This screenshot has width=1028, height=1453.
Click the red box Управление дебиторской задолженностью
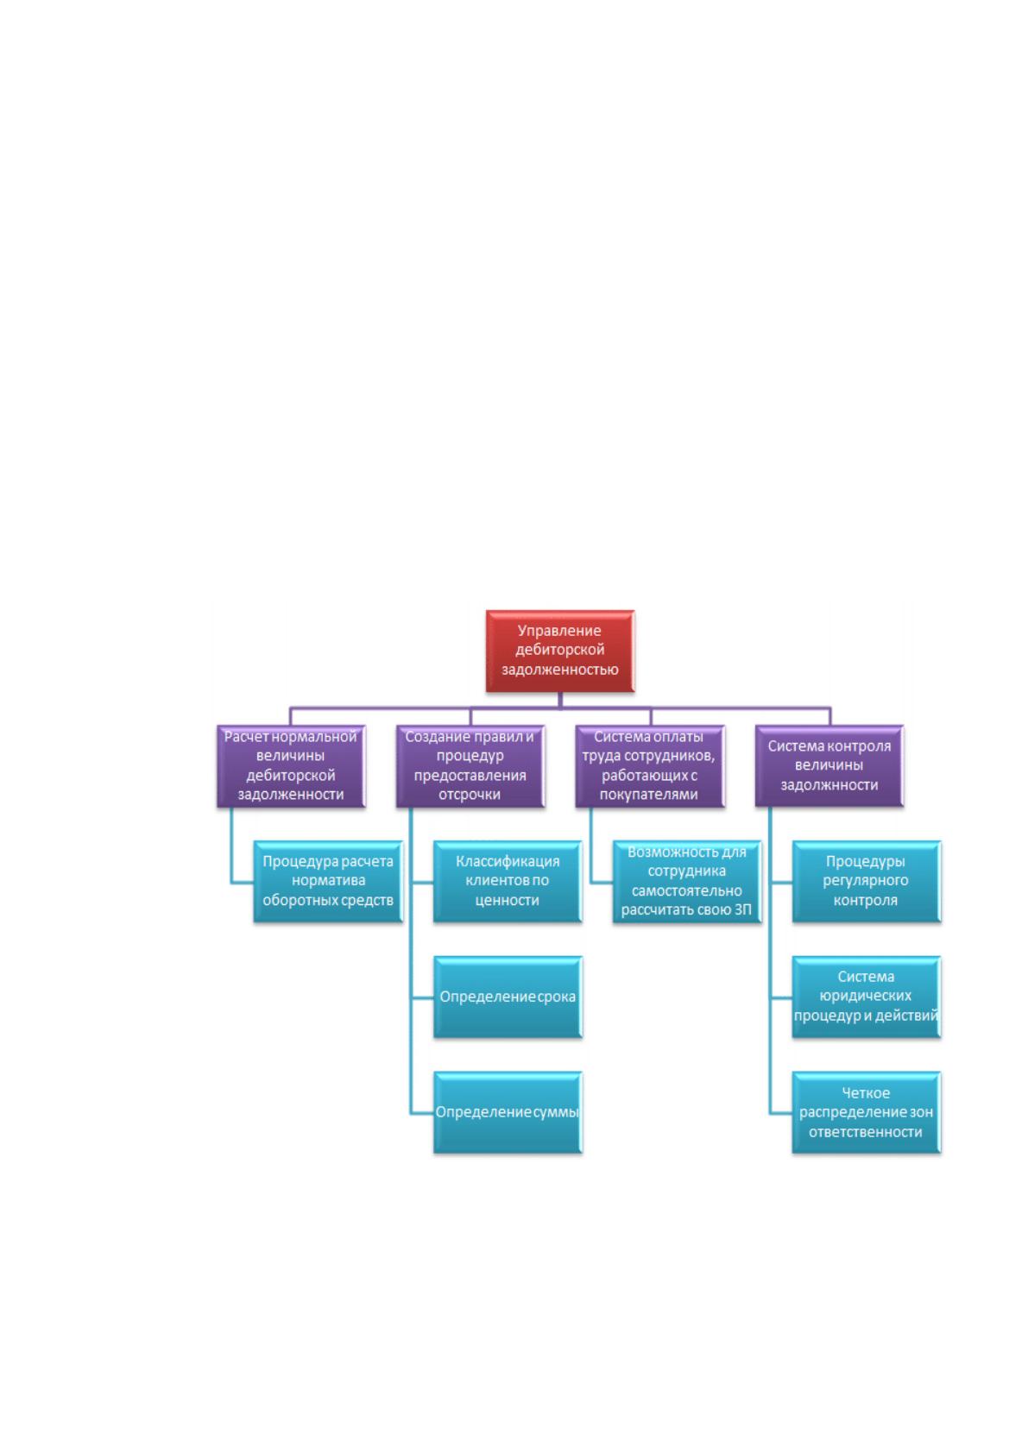point(559,650)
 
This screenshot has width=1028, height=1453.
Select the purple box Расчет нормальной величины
point(291,765)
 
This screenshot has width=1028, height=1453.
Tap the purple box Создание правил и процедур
point(470,765)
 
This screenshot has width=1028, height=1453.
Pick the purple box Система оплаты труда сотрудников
point(650,765)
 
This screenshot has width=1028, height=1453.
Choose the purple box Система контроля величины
point(829,765)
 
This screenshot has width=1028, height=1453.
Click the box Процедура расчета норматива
point(328,881)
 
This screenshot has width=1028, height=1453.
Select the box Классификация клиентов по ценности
point(508,881)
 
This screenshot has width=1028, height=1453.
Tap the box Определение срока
point(508,997)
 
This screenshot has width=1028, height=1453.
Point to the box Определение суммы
point(508,1112)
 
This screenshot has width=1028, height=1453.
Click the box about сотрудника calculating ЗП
point(687,881)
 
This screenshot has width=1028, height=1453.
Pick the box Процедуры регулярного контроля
point(866,881)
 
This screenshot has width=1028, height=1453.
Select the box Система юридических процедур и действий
point(866,997)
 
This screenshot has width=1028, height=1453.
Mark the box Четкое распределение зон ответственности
point(866,1112)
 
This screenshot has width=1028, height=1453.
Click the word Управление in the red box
point(559,631)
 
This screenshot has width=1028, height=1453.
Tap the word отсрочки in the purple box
point(470,795)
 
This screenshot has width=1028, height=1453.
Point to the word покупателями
point(649,795)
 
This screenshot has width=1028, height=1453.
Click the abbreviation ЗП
point(744,909)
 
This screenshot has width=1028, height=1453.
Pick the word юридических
point(866,996)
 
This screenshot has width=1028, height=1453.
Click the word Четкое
point(866,1092)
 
